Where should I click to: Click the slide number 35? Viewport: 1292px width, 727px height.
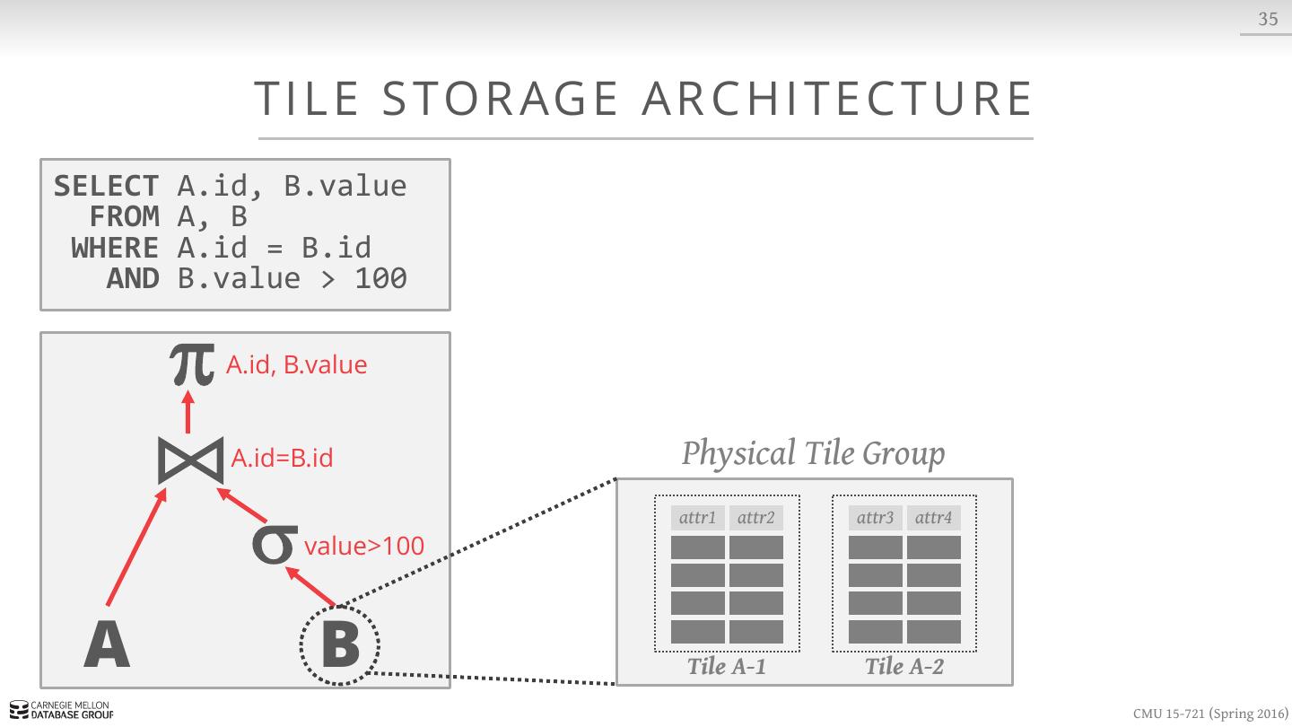tap(1268, 19)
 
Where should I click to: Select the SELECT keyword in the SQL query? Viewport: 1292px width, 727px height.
tap(106, 186)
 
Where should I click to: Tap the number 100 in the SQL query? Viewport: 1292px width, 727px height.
tap(380, 278)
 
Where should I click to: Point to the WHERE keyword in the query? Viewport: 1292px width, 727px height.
tap(114, 248)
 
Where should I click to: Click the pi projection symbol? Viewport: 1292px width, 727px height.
tap(192, 364)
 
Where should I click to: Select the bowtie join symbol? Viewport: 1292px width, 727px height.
tap(190, 460)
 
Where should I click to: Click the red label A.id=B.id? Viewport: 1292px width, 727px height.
tap(282, 459)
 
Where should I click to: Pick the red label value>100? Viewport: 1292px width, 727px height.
tap(364, 546)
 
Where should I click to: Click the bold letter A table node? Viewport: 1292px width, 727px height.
tap(107, 645)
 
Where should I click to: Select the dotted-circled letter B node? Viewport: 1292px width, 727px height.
tap(340, 644)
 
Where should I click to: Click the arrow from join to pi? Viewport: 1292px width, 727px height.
tap(189, 412)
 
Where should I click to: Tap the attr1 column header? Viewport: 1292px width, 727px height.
tap(698, 518)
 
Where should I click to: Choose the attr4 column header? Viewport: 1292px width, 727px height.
tap(933, 518)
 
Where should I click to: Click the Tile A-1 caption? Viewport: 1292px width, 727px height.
tap(726, 666)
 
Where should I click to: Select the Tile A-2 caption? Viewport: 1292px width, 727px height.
tap(904, 666)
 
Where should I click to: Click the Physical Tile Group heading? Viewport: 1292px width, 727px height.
tap(813, 453)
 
